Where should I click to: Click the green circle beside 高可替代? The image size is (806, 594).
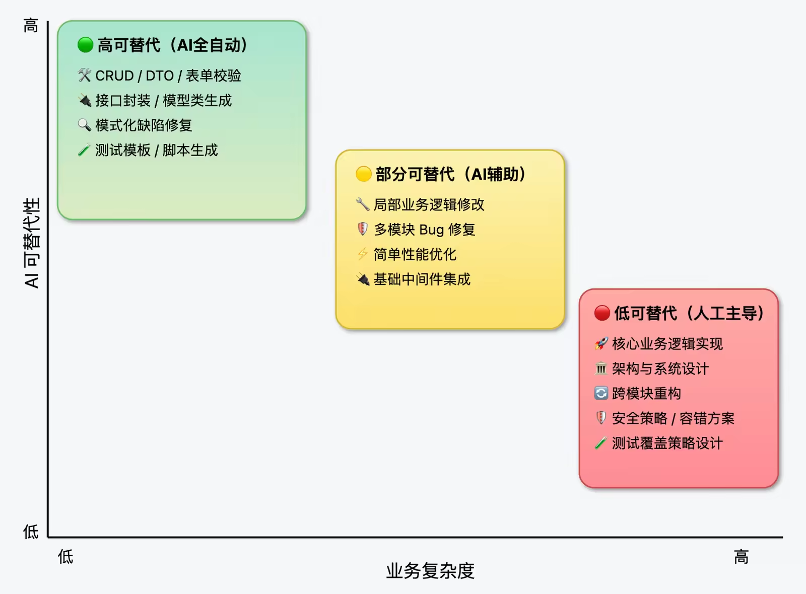[86, 45]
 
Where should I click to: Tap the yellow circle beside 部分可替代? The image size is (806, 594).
[363, 174]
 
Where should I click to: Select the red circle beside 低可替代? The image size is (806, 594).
[602, 313]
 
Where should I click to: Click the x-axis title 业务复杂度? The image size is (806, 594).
[430, 571]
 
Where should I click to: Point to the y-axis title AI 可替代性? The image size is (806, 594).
[32, 243]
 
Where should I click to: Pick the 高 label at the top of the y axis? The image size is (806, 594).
[31, 25]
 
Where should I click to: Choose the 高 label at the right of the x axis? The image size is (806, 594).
[741, 557]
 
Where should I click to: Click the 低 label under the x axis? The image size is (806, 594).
[65, 557]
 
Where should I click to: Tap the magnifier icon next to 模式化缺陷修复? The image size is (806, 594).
[84, 125]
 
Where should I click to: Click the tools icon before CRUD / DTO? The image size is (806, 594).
[84, 76]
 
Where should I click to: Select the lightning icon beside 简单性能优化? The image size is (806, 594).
[362, 254]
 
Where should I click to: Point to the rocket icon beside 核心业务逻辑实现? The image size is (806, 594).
[601, 344]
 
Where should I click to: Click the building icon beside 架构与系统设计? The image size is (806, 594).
[601, 368]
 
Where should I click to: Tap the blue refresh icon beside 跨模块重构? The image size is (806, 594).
[601, 393]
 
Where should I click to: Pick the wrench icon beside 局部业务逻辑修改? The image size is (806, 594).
[362, 204]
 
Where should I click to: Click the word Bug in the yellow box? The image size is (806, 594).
[431, 230]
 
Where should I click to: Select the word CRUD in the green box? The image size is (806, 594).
[114, 76]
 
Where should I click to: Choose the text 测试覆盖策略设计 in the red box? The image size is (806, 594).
[667, 443]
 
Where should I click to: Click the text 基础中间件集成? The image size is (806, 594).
[422, 279]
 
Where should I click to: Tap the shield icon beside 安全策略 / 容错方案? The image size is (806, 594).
[601, 418]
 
